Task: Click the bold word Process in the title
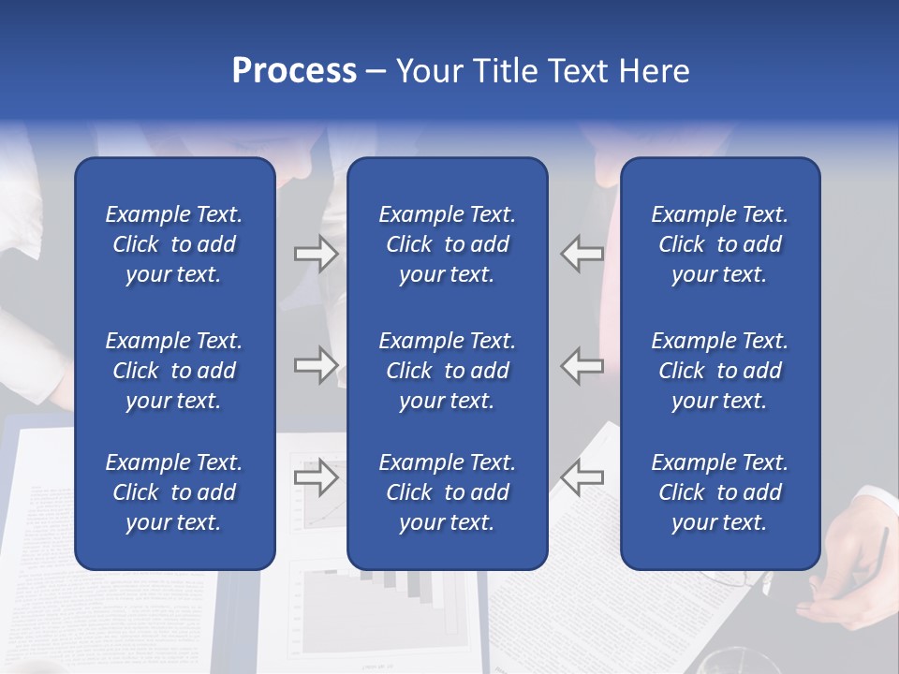tap(294, 71)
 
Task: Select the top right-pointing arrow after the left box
tap(316, 254)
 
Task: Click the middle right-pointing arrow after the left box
tap(316, 364)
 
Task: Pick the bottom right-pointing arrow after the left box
tap(316, 477)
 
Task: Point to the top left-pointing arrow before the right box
tap(582, 254)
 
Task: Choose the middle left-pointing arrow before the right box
tap(582, 364)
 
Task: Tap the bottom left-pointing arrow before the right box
tap(582, 477)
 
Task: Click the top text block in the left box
tap(174, 244)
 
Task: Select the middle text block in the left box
tap(174, 371)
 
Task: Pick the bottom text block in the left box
tap(174, 492)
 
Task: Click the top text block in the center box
tap(448, 244)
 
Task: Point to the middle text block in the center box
tap(448, 371)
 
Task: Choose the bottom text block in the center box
tap(448, 492)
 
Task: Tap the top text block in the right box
tap(720, 244)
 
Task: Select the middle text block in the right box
tap(720, 371)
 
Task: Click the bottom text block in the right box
tap(720, 492)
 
